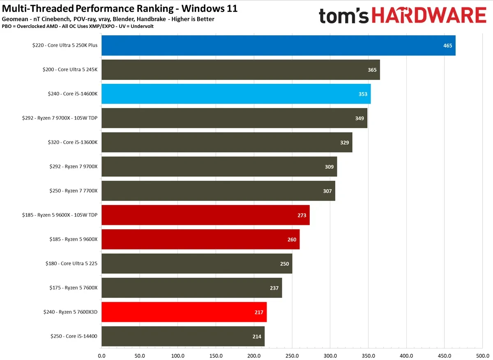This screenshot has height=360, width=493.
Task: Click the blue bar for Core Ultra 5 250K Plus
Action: click(278, 45)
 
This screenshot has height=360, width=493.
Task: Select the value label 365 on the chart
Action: click(372, 70)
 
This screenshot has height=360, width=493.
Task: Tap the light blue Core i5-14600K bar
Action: click(236, 94)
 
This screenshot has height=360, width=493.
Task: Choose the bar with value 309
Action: click(219, 166)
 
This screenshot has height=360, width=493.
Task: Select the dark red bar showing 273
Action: click(205, 215)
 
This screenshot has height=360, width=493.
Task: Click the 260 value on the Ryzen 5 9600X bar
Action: click(292, 240)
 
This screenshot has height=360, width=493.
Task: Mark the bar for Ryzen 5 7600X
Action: click(191, 288)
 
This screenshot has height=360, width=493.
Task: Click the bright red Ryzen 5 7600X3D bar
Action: click(184, 312)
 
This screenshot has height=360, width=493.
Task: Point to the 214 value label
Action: click(257, 337)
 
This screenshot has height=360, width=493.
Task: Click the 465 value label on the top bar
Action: click(447, 46)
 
